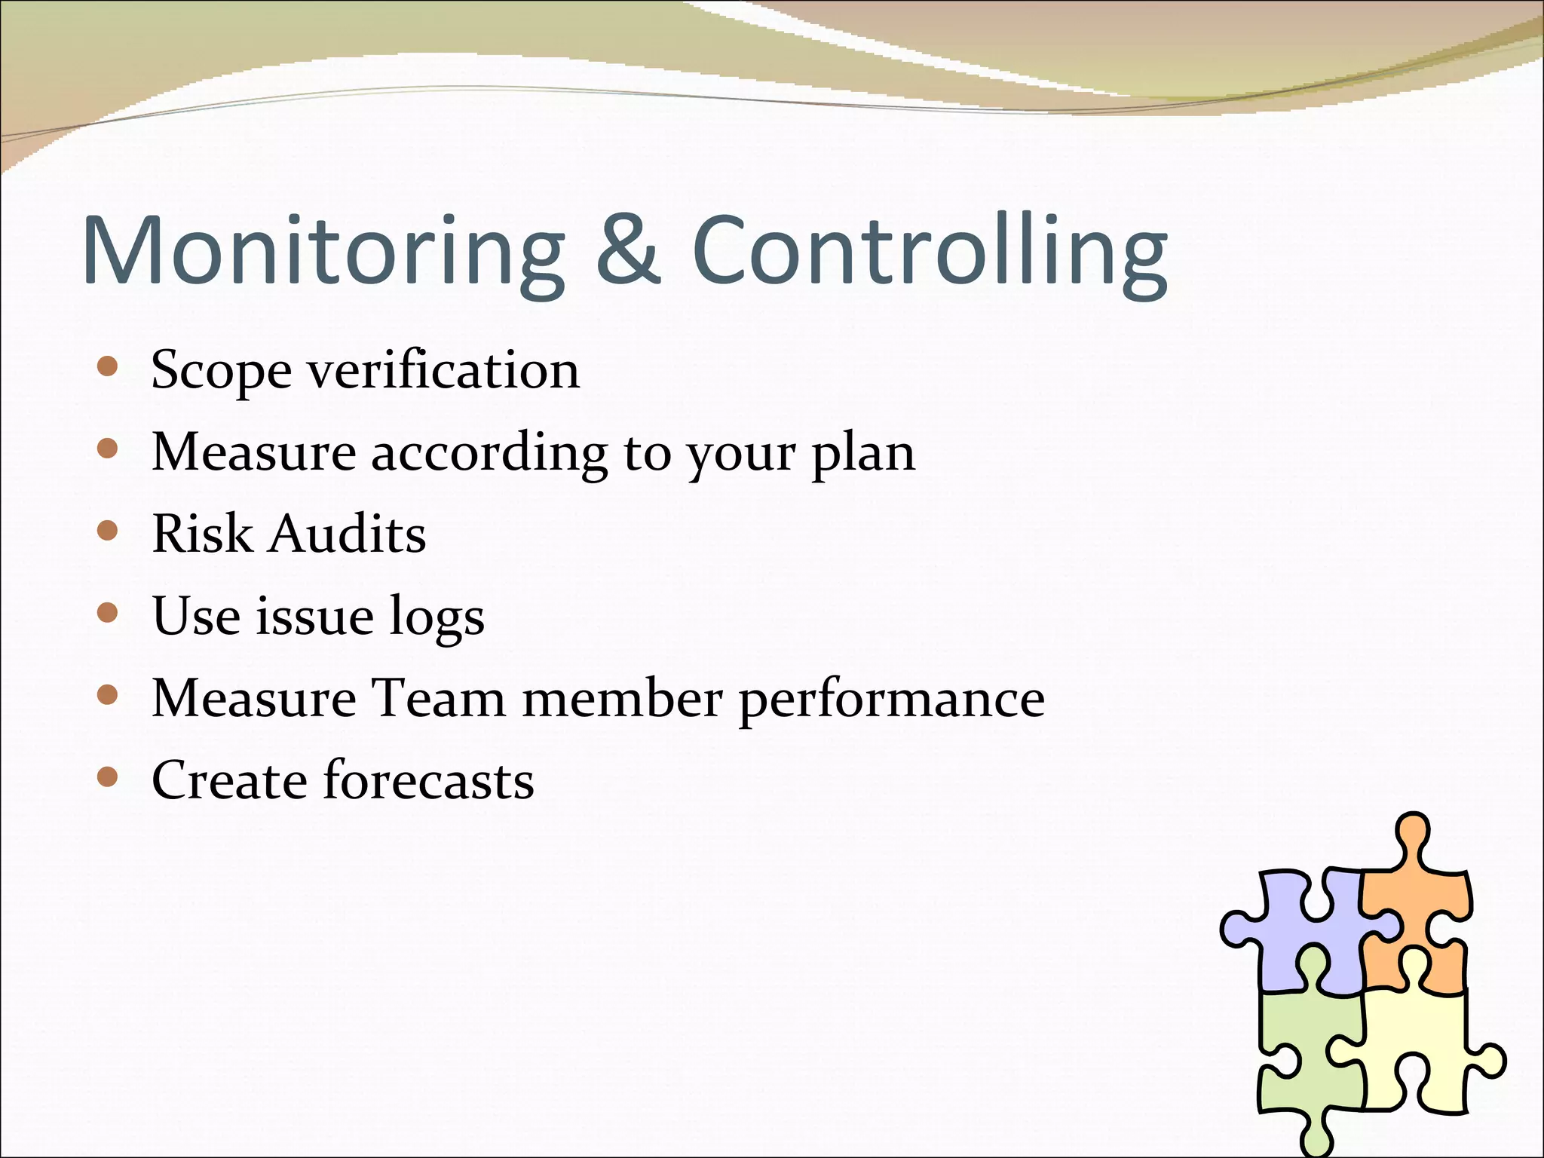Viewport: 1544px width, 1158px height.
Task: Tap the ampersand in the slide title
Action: (628, 250)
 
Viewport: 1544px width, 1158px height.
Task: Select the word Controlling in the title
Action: (929, 253)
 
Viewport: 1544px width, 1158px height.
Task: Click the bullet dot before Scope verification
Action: (109, 367)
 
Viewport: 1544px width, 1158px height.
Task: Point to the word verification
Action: (443, 370)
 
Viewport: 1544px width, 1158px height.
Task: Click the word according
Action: (489, 454)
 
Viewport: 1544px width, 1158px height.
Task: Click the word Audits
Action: (348, 534)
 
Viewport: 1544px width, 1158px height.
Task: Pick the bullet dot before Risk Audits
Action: (109, 531)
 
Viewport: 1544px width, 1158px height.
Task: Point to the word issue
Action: (314, 616)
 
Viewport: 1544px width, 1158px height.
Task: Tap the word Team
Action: (439, 697)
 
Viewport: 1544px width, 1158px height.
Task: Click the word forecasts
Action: (428, 780)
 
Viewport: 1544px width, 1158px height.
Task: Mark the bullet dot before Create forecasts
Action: (109, 777)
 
